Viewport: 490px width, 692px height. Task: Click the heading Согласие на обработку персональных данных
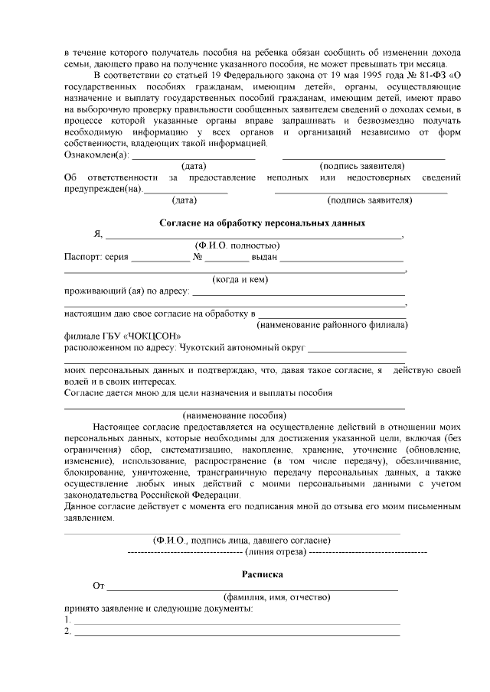(x=262, y=223)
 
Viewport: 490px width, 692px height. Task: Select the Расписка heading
(x=263, y=573)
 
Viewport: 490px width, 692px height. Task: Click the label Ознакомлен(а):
(x=95, y=154)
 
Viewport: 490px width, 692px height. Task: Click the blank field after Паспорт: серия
(x=160, y=257)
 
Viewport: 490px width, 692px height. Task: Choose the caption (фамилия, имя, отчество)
(x=276, y=596)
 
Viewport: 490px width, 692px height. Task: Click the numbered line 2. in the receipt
(x=68, y=631)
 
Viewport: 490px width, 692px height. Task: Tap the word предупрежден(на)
(x=103, y=189)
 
